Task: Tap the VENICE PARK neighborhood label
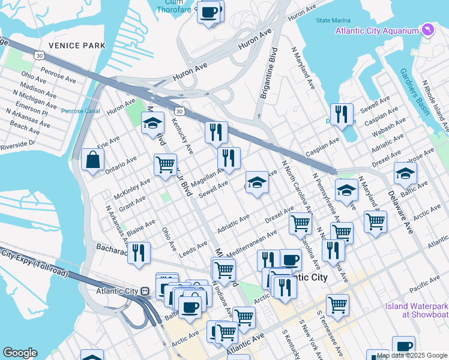point(77,46)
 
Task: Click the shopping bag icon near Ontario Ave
point(92,160)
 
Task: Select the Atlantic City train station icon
point(145,291)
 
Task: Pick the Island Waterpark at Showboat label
point(416,310)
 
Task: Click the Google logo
point(20,352)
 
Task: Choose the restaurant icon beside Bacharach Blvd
point(139,253)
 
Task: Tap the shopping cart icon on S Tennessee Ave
point(338,304)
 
